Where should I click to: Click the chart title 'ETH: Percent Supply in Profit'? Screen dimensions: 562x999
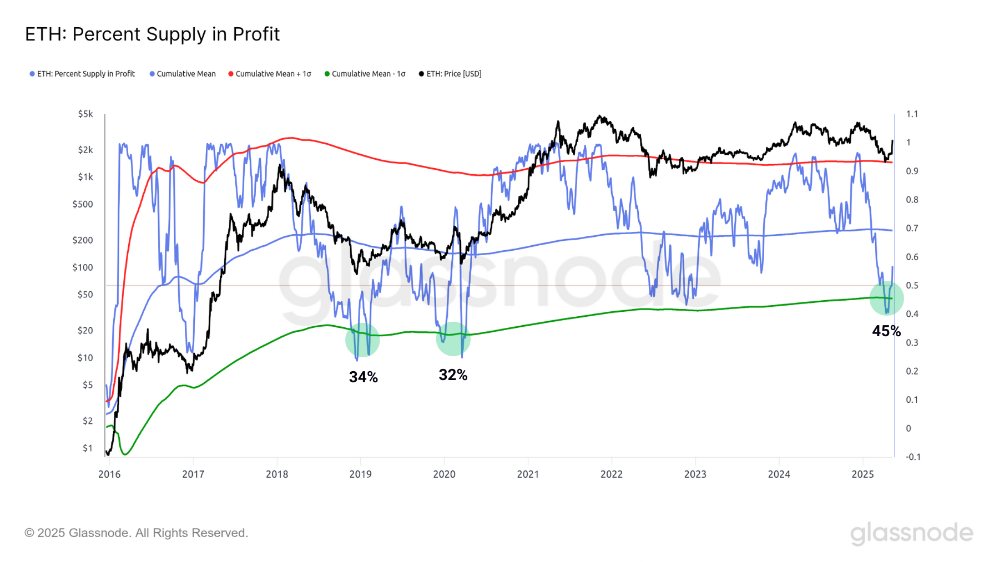152,34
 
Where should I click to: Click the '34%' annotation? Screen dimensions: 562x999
364,377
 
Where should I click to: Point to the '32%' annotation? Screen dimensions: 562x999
453,375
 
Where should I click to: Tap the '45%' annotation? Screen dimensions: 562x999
886,331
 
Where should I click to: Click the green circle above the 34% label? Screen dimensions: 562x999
362,340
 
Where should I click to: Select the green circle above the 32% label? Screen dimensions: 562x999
453,339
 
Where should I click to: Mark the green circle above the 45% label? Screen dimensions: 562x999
886,298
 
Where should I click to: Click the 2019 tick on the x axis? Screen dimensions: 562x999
360,474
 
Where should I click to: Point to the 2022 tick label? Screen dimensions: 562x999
612,474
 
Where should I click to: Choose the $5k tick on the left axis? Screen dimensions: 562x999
85,114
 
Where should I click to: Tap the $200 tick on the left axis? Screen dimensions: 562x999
83,240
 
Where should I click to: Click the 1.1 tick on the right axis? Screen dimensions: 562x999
912,114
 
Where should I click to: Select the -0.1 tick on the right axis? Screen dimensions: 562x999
913,457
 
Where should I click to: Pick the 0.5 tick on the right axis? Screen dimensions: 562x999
912,286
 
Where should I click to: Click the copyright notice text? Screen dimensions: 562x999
136,533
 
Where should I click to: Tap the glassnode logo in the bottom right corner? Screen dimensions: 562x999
912,533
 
